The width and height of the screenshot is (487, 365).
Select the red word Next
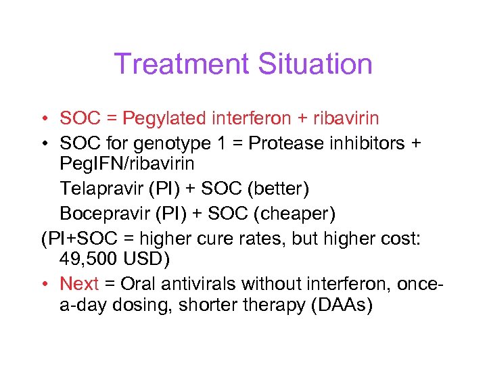click(79, 283)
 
